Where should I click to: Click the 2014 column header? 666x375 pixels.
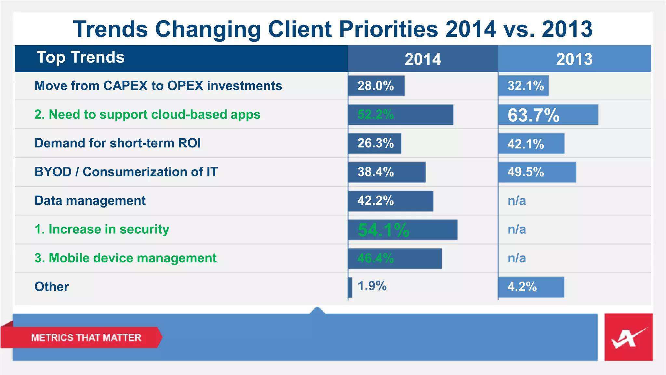(422, 59)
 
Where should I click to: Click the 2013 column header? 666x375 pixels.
(574, 59)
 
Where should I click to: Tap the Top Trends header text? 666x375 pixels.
(80, 57)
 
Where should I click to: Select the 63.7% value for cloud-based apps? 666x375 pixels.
(533, 115)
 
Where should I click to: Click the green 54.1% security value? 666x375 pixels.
(383, 230)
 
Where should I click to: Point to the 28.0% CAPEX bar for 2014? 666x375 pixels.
(376, 86)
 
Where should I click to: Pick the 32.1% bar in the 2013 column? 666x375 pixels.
(524, 86)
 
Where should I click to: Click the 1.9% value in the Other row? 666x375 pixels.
(372, 286)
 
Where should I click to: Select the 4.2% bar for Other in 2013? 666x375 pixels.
(531, 287)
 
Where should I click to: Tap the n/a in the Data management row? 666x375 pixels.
(517, 201)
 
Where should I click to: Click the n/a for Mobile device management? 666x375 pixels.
(517, 258)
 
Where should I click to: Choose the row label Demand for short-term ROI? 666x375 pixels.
(117, 143)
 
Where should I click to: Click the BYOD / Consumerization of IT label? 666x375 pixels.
(126, 172)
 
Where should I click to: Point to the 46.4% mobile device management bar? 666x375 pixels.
(395, 258)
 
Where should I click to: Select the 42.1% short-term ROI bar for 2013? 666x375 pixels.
(531, 144)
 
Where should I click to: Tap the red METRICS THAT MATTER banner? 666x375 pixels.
(86, 338)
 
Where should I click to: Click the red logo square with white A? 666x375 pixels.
(628, 337)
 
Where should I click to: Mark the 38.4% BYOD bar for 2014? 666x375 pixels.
(387, 172)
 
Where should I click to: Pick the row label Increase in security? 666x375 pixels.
(102, 229)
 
